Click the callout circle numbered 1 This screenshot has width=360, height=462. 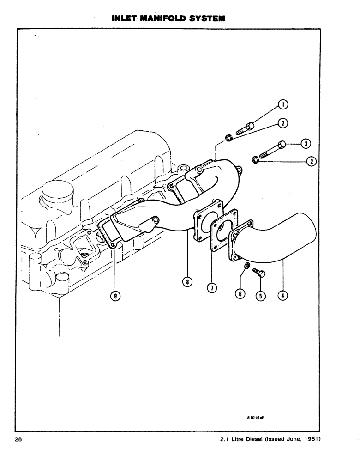pyautogui.click(x=283, y=105)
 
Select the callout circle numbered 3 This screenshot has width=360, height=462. pyautogui.click(x=305, y=144)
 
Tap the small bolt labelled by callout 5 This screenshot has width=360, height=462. pyautogui.click(x=259, y=273)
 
